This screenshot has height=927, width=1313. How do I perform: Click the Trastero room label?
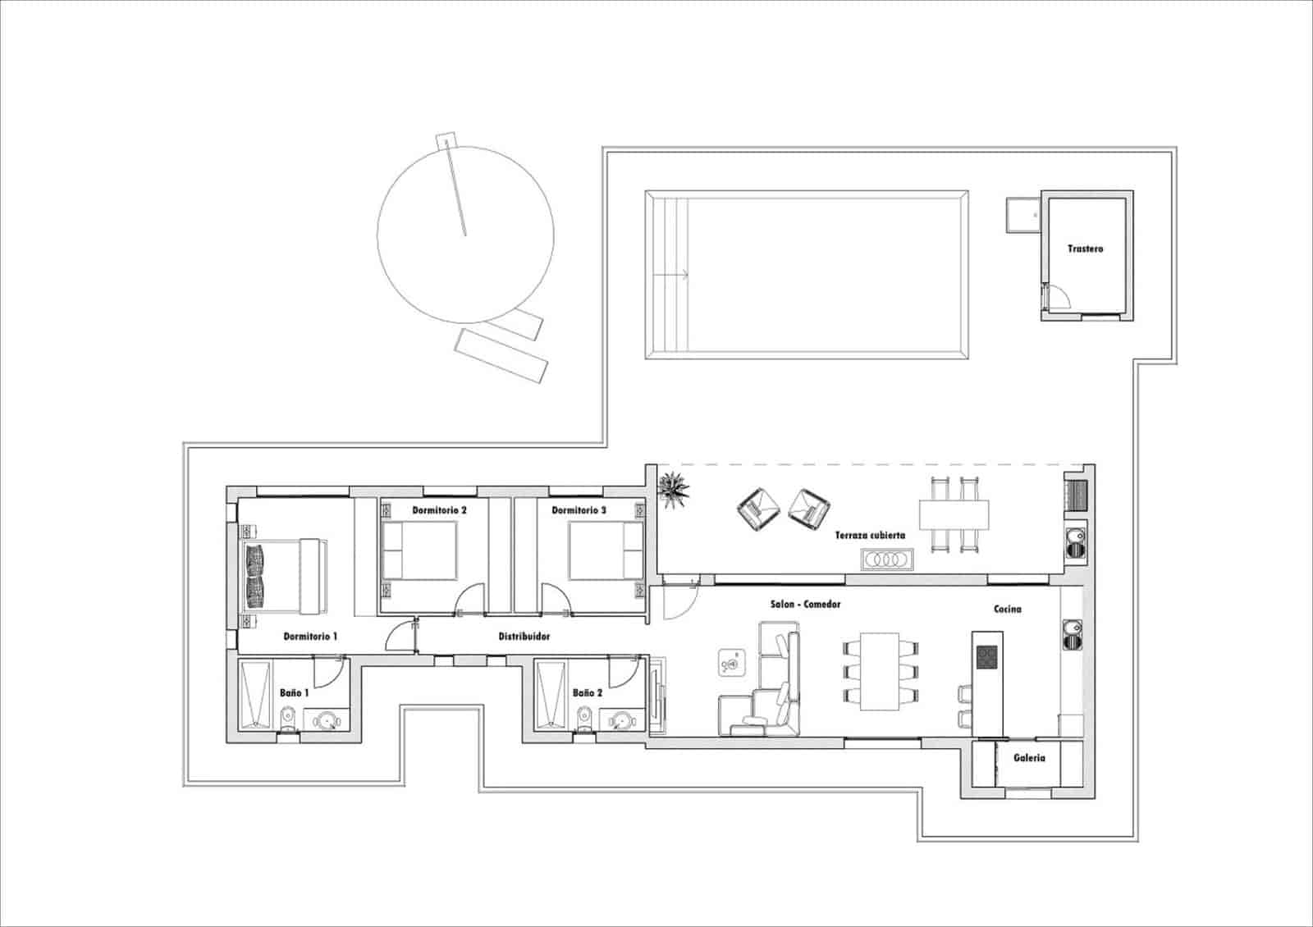click(x=1085, y=249)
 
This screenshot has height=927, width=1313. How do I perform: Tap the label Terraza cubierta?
click(x=870, y=535)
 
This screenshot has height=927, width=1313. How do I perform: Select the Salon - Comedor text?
click(x=805, y=605)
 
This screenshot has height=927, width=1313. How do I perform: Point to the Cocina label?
click(x=1007, y=609)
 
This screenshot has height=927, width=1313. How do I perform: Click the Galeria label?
click(x=1029, y=758)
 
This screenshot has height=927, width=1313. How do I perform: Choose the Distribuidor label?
click(x=524, y=637)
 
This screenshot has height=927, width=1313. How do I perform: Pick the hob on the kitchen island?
click(x=987, y=656)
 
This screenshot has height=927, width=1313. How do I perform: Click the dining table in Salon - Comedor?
click(x=880, y=671)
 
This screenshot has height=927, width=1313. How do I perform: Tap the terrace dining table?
click(x=954, y=515)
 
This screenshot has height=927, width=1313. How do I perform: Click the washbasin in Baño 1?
click(x=329, y=721)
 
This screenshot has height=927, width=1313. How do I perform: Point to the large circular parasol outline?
click(x=464, y=235)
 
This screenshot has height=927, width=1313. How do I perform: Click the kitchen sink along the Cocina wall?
click(x=1072, y=633)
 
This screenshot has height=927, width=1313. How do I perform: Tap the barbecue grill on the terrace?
click(x=1077, y=495)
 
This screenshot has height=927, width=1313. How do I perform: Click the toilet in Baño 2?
click(x=584, y=719)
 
